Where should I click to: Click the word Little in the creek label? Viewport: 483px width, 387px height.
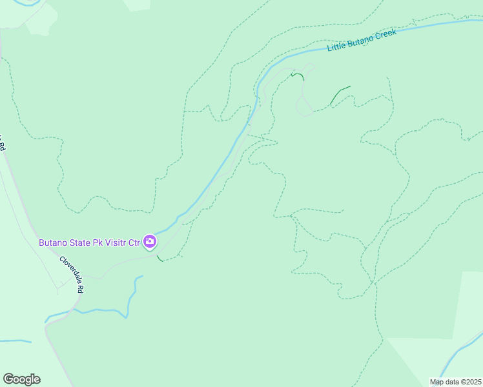337,46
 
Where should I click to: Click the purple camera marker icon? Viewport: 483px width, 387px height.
150,242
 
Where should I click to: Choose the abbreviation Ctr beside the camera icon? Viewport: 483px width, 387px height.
134,243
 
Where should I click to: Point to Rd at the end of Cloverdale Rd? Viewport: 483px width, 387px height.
80,288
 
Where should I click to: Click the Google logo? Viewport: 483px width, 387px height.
21,379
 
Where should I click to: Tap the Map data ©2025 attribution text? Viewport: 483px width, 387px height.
455,382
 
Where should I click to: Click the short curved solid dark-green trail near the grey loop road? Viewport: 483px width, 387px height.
298,75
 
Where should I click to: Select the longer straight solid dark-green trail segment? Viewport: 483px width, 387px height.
340,94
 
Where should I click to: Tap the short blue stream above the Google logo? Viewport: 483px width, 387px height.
14,341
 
